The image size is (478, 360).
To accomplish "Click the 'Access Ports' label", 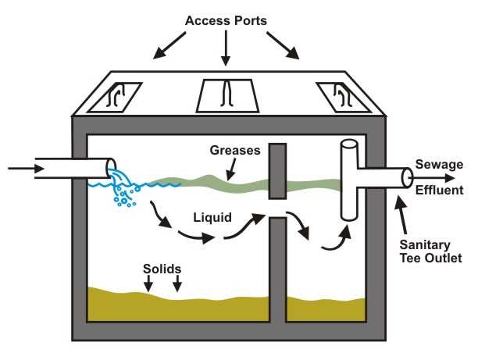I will [x=225, y=19].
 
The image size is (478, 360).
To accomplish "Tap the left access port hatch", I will [x=114, y=96].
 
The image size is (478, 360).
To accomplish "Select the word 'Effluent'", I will [x=441, y=190].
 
